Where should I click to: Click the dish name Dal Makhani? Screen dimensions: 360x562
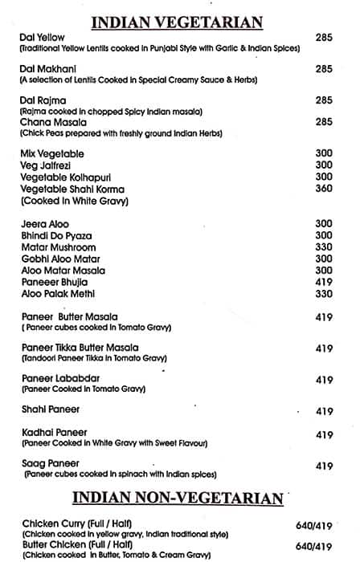(48, 69)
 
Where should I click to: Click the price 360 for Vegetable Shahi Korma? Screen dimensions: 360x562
(324, 189)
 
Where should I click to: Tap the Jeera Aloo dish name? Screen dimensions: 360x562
(46, 223)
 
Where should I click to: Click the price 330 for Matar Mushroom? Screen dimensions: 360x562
(324, 247)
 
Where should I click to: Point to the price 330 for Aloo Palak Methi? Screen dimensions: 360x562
(324, 295)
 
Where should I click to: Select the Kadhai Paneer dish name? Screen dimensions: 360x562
(55, 434)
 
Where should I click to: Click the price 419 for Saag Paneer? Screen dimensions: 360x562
(324, 466)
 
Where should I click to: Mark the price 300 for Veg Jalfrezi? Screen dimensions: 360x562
(324, 165)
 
